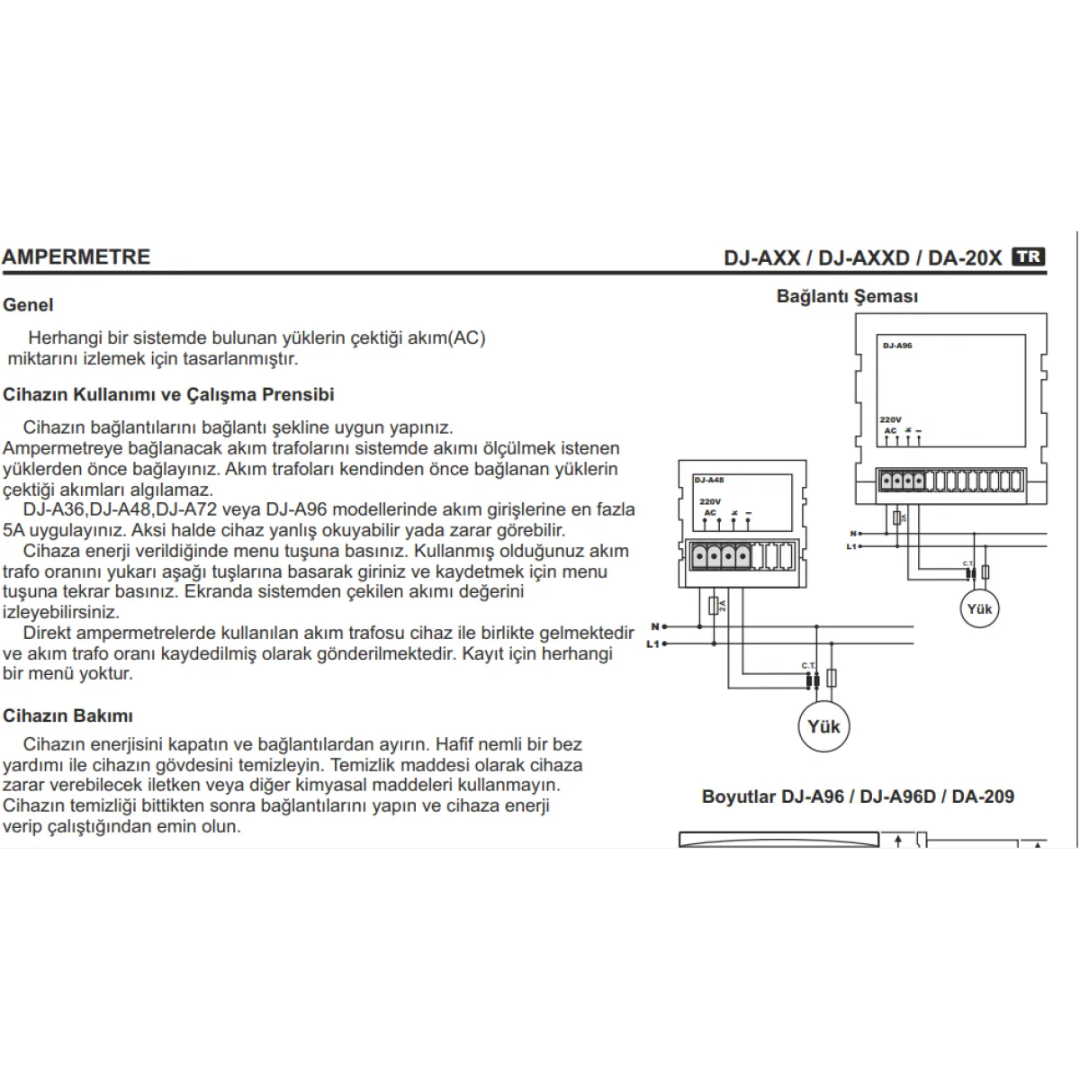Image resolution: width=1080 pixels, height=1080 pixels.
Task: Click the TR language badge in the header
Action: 1028,256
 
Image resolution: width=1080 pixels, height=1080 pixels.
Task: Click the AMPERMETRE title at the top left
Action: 76,256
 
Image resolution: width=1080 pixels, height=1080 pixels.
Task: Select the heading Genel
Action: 28,305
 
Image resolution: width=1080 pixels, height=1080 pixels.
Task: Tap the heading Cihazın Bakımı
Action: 67,716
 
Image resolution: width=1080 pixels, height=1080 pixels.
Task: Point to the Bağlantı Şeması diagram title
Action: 847,296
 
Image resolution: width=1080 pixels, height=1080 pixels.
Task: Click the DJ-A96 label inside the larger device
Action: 897,346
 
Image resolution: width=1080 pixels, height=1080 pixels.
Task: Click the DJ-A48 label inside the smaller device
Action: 709,480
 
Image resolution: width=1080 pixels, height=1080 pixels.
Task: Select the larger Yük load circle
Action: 823,726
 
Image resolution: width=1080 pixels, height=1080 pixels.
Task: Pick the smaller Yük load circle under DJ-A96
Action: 979,609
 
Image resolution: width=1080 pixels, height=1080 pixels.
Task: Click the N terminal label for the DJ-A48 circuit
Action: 654,626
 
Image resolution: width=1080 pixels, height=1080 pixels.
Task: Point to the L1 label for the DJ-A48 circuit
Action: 652,643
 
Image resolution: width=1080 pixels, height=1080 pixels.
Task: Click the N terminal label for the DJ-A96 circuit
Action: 852,534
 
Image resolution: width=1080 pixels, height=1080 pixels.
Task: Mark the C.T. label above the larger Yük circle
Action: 808,665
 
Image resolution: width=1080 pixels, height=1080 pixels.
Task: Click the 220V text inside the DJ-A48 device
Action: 710,501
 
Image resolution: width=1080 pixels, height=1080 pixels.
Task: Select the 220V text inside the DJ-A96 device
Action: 890,419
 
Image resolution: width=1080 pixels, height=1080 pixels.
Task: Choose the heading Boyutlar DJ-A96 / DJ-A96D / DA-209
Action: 858,796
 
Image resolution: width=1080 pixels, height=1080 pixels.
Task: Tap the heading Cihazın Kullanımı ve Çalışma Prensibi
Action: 168,394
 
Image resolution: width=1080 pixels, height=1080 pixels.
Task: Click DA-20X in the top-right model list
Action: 964,257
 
